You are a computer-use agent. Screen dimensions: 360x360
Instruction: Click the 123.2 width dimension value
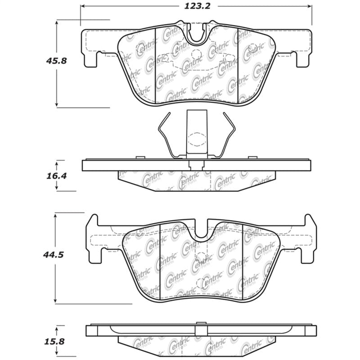196,6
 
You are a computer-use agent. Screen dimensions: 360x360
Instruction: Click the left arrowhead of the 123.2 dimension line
82,7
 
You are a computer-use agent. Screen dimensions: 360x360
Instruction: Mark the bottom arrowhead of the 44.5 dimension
55,300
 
